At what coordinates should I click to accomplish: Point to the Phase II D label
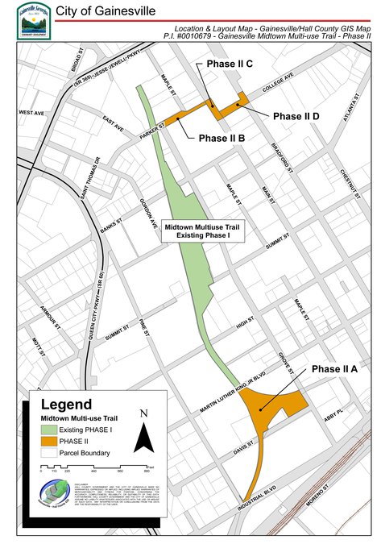coord(296,116)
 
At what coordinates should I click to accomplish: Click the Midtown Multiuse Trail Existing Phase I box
coord(203,232)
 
